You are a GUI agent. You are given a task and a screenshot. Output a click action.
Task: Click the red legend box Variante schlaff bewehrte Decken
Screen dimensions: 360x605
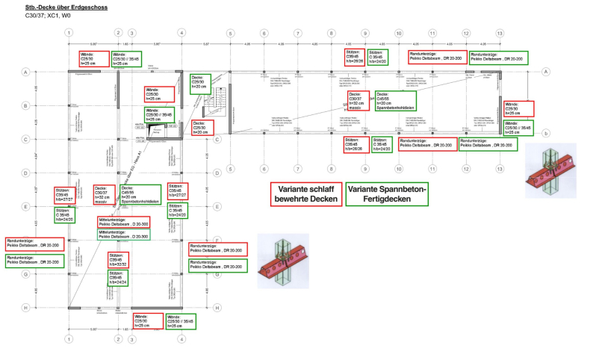pyautogui.click(x=305, y=194)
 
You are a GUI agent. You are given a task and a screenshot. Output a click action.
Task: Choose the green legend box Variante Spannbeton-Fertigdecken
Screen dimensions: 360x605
pyautogui.click(x=386, y=194)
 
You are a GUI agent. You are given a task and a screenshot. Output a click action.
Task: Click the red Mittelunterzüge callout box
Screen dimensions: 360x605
pyautogui.click(x=123, y=222)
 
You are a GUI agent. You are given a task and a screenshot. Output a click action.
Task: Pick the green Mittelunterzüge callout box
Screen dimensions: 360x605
pyautogui.click(x=123, y=235)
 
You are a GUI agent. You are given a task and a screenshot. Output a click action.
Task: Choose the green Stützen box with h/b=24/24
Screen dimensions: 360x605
pyautogui.click(x=119, y=278)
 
